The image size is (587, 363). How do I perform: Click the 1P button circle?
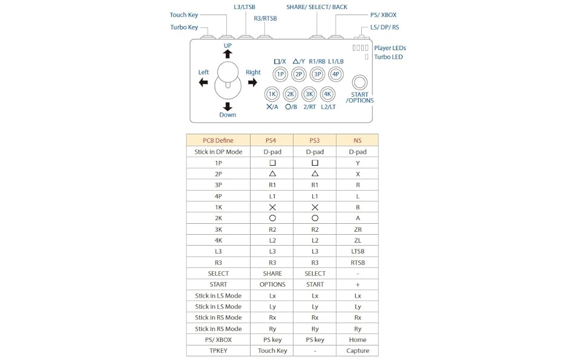[280, 74]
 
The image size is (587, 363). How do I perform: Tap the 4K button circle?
[327, 94]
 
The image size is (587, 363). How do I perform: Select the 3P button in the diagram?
[317, 74]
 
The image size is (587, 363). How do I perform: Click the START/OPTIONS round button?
[360, 82]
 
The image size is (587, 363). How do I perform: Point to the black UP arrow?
[228, 54]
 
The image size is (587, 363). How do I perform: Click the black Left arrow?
[203, 82]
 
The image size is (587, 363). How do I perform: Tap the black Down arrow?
[228, 106]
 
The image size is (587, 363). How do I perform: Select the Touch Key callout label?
[184, 15]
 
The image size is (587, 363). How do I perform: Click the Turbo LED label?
[389, 57]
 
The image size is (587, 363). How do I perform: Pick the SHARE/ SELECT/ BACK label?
[316, 7]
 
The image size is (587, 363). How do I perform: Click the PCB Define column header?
[218, 140]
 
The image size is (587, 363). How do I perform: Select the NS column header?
[357, 140]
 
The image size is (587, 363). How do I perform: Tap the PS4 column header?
[272, 140]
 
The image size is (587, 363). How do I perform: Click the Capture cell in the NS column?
[357, 350]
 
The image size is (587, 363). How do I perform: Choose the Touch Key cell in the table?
[272, 350]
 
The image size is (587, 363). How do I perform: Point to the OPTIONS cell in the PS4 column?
[272, 284]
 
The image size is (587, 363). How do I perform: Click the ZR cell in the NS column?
[357, 229]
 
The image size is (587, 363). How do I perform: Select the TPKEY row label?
[218, 350]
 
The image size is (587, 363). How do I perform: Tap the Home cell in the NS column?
[357, 339]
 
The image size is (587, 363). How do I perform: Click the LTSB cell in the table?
[357, 251]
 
